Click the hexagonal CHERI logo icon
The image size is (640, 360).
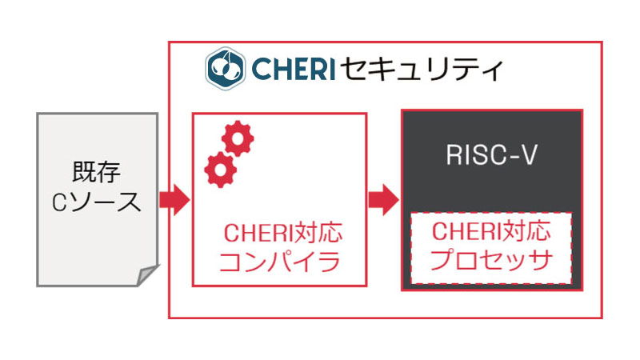tap(224, 69)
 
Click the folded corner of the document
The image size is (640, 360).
tap(147, 275)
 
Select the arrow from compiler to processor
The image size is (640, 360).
tap(382, 199)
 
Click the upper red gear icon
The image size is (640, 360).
tap(238, 138)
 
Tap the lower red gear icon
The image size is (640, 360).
tap(219, 170)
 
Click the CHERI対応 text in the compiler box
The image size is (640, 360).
tap(282, 234)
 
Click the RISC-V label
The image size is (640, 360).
tap(490, 155)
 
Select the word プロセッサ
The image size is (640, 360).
tap(491, 260)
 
